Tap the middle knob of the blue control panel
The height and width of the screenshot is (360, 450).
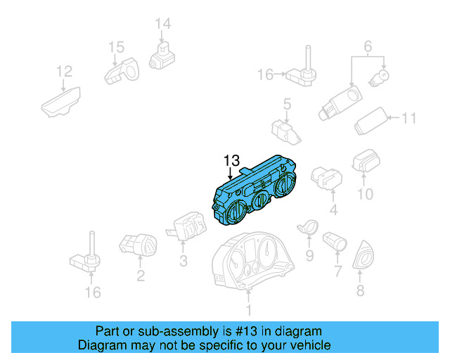(259, 201)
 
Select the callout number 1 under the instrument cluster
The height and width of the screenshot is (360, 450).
(247, 309)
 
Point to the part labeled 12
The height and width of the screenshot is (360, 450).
(61, 101)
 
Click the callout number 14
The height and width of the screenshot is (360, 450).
(162, 24)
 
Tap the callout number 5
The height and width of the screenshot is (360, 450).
(287, 105)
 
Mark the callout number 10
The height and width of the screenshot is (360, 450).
(364, 193)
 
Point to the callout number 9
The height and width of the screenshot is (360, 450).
(309, 255)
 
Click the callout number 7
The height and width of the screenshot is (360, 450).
(337, 271)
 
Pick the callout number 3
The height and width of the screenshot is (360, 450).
(183, 262)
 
